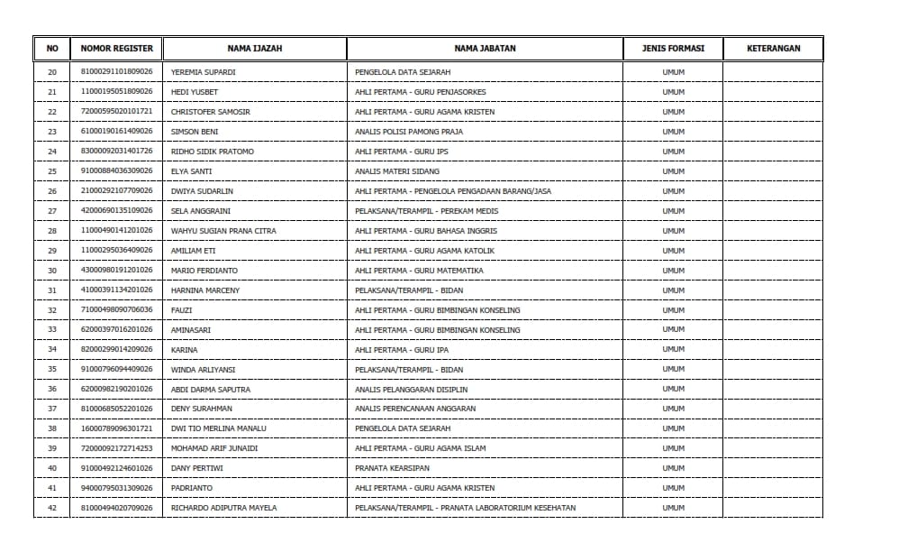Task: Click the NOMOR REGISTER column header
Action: (117, 49)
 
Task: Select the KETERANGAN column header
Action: (773, 49)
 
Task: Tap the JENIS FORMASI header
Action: (673, 49)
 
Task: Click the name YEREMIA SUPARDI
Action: (203, 72)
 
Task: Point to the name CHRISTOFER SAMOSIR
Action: (211, 112)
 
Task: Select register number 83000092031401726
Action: (117, 152)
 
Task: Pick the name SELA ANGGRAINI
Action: (201, 211)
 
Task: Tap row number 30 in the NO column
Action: (51, 271)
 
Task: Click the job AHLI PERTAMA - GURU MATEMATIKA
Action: (419, 271)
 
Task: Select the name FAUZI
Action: (181, 310)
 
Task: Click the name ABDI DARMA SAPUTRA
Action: (211, 390)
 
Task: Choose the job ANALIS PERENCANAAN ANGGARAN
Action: (415, 409)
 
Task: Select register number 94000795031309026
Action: (117, 488)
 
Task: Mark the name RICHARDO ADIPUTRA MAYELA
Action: (224, 508)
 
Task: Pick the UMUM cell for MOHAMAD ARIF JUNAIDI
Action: (673, 448)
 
